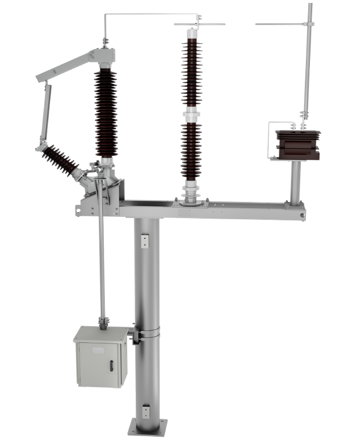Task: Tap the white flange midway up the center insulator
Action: coord(190,116)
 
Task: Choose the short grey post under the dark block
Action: coord(295,181)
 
